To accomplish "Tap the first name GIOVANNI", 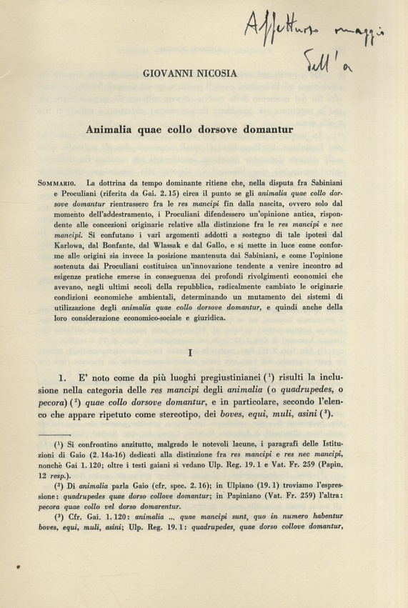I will pos(168,72).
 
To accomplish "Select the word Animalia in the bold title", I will pos(111,130).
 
